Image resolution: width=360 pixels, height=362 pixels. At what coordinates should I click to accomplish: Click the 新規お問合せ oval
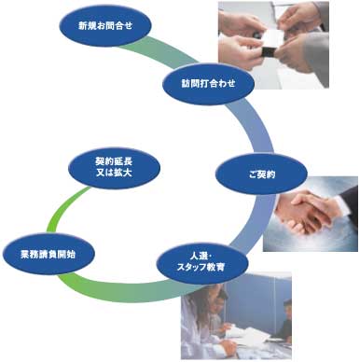[x=105, y=25]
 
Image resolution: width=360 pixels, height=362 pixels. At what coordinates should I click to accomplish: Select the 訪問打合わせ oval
[x=209, y=83]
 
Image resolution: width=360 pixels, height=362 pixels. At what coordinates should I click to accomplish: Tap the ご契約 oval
[x=261, y=174]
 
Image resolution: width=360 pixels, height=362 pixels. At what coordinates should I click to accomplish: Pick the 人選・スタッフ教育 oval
[x=202, y=263]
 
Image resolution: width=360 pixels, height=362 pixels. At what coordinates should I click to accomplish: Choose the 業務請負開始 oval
[x=48, y=254]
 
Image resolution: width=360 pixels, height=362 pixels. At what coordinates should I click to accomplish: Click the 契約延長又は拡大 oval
[x=114, y=167]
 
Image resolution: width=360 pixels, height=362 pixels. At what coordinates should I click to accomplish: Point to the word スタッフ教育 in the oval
[x=201, y=267]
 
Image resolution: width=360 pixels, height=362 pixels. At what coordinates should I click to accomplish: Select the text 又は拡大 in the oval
[x=114, y=173]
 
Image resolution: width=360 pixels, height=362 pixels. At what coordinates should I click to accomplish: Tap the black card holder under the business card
[x=268, y=52]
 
